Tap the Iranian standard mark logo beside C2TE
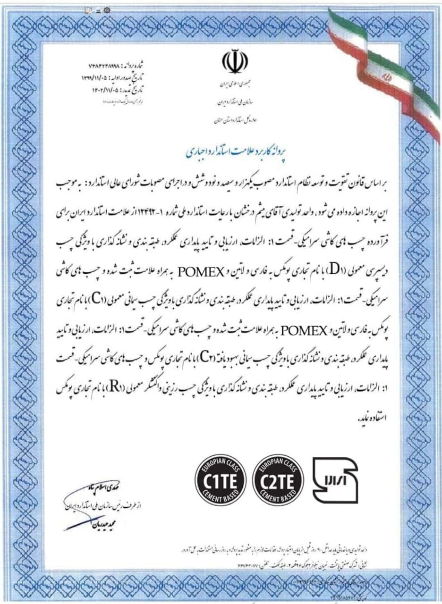coord(336,480)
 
